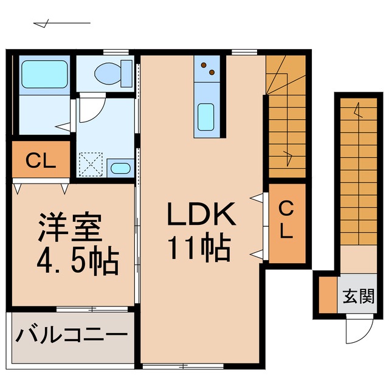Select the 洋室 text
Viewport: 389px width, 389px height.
(x=67, y=227)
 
